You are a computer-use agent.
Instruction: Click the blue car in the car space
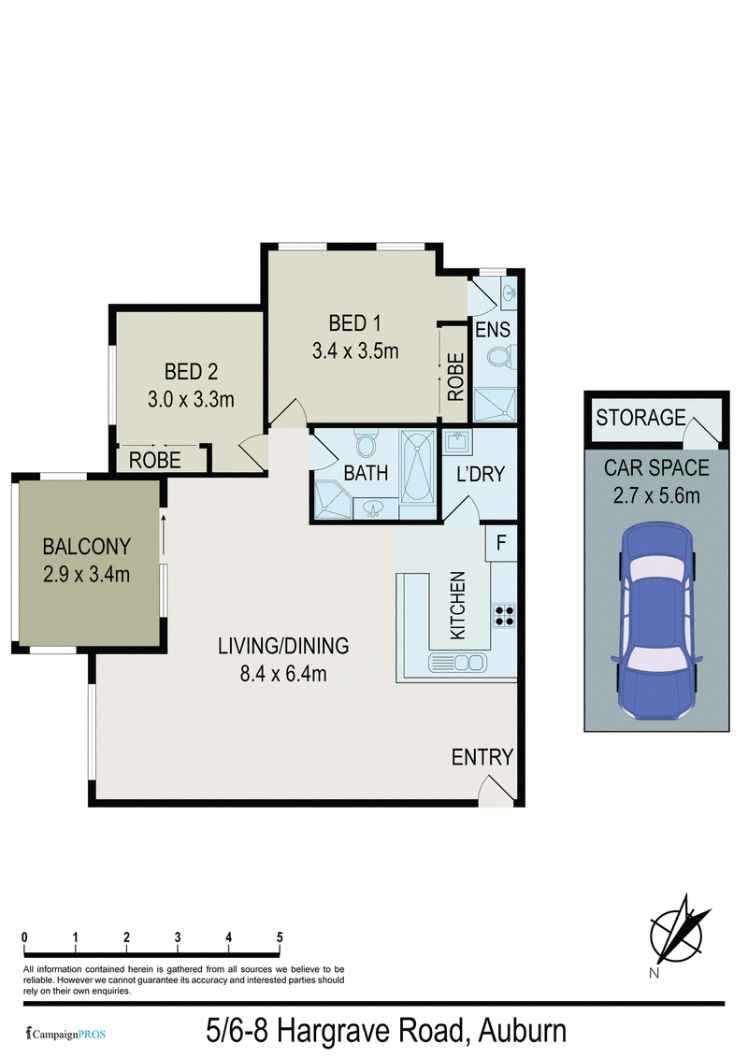656,620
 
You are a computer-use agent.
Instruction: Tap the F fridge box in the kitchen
501,543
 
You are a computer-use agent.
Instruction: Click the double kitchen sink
458,663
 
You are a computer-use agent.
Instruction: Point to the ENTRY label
482,757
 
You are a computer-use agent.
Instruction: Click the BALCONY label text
86,546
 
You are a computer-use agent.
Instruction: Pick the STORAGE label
640,418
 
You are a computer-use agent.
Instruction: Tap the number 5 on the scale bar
280,937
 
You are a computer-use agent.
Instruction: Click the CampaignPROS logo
65,1034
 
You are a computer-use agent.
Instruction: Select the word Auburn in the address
523,1031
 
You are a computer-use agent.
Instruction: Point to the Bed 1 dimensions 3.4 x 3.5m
355,350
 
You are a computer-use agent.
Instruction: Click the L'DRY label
481,475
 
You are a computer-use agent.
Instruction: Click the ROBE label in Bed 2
154,460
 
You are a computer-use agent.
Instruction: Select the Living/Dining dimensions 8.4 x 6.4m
283,673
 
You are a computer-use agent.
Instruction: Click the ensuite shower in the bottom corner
495,405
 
